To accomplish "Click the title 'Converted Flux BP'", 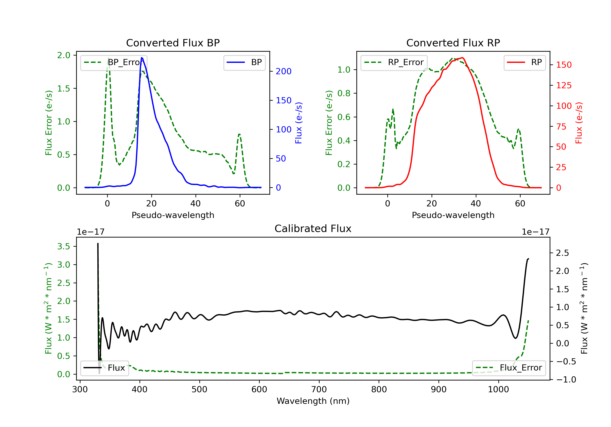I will pos(173,43).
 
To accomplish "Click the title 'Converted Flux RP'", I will pos(453,43).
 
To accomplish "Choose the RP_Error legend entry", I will pos(394,62).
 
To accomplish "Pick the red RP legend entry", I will pos(524,62).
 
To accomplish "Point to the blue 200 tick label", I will pos(284,71).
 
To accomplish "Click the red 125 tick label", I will pos(564,85).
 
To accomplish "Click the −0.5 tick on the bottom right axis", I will pos(566,361).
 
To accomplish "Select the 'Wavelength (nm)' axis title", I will pos(313,401).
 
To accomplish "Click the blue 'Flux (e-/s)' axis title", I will pos(299,123).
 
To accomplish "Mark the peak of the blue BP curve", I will pos(142,58).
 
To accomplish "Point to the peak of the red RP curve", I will pos(463,58).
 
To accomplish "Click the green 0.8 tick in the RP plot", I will pos(344,93).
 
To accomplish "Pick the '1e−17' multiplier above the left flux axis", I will pos(90,232).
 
